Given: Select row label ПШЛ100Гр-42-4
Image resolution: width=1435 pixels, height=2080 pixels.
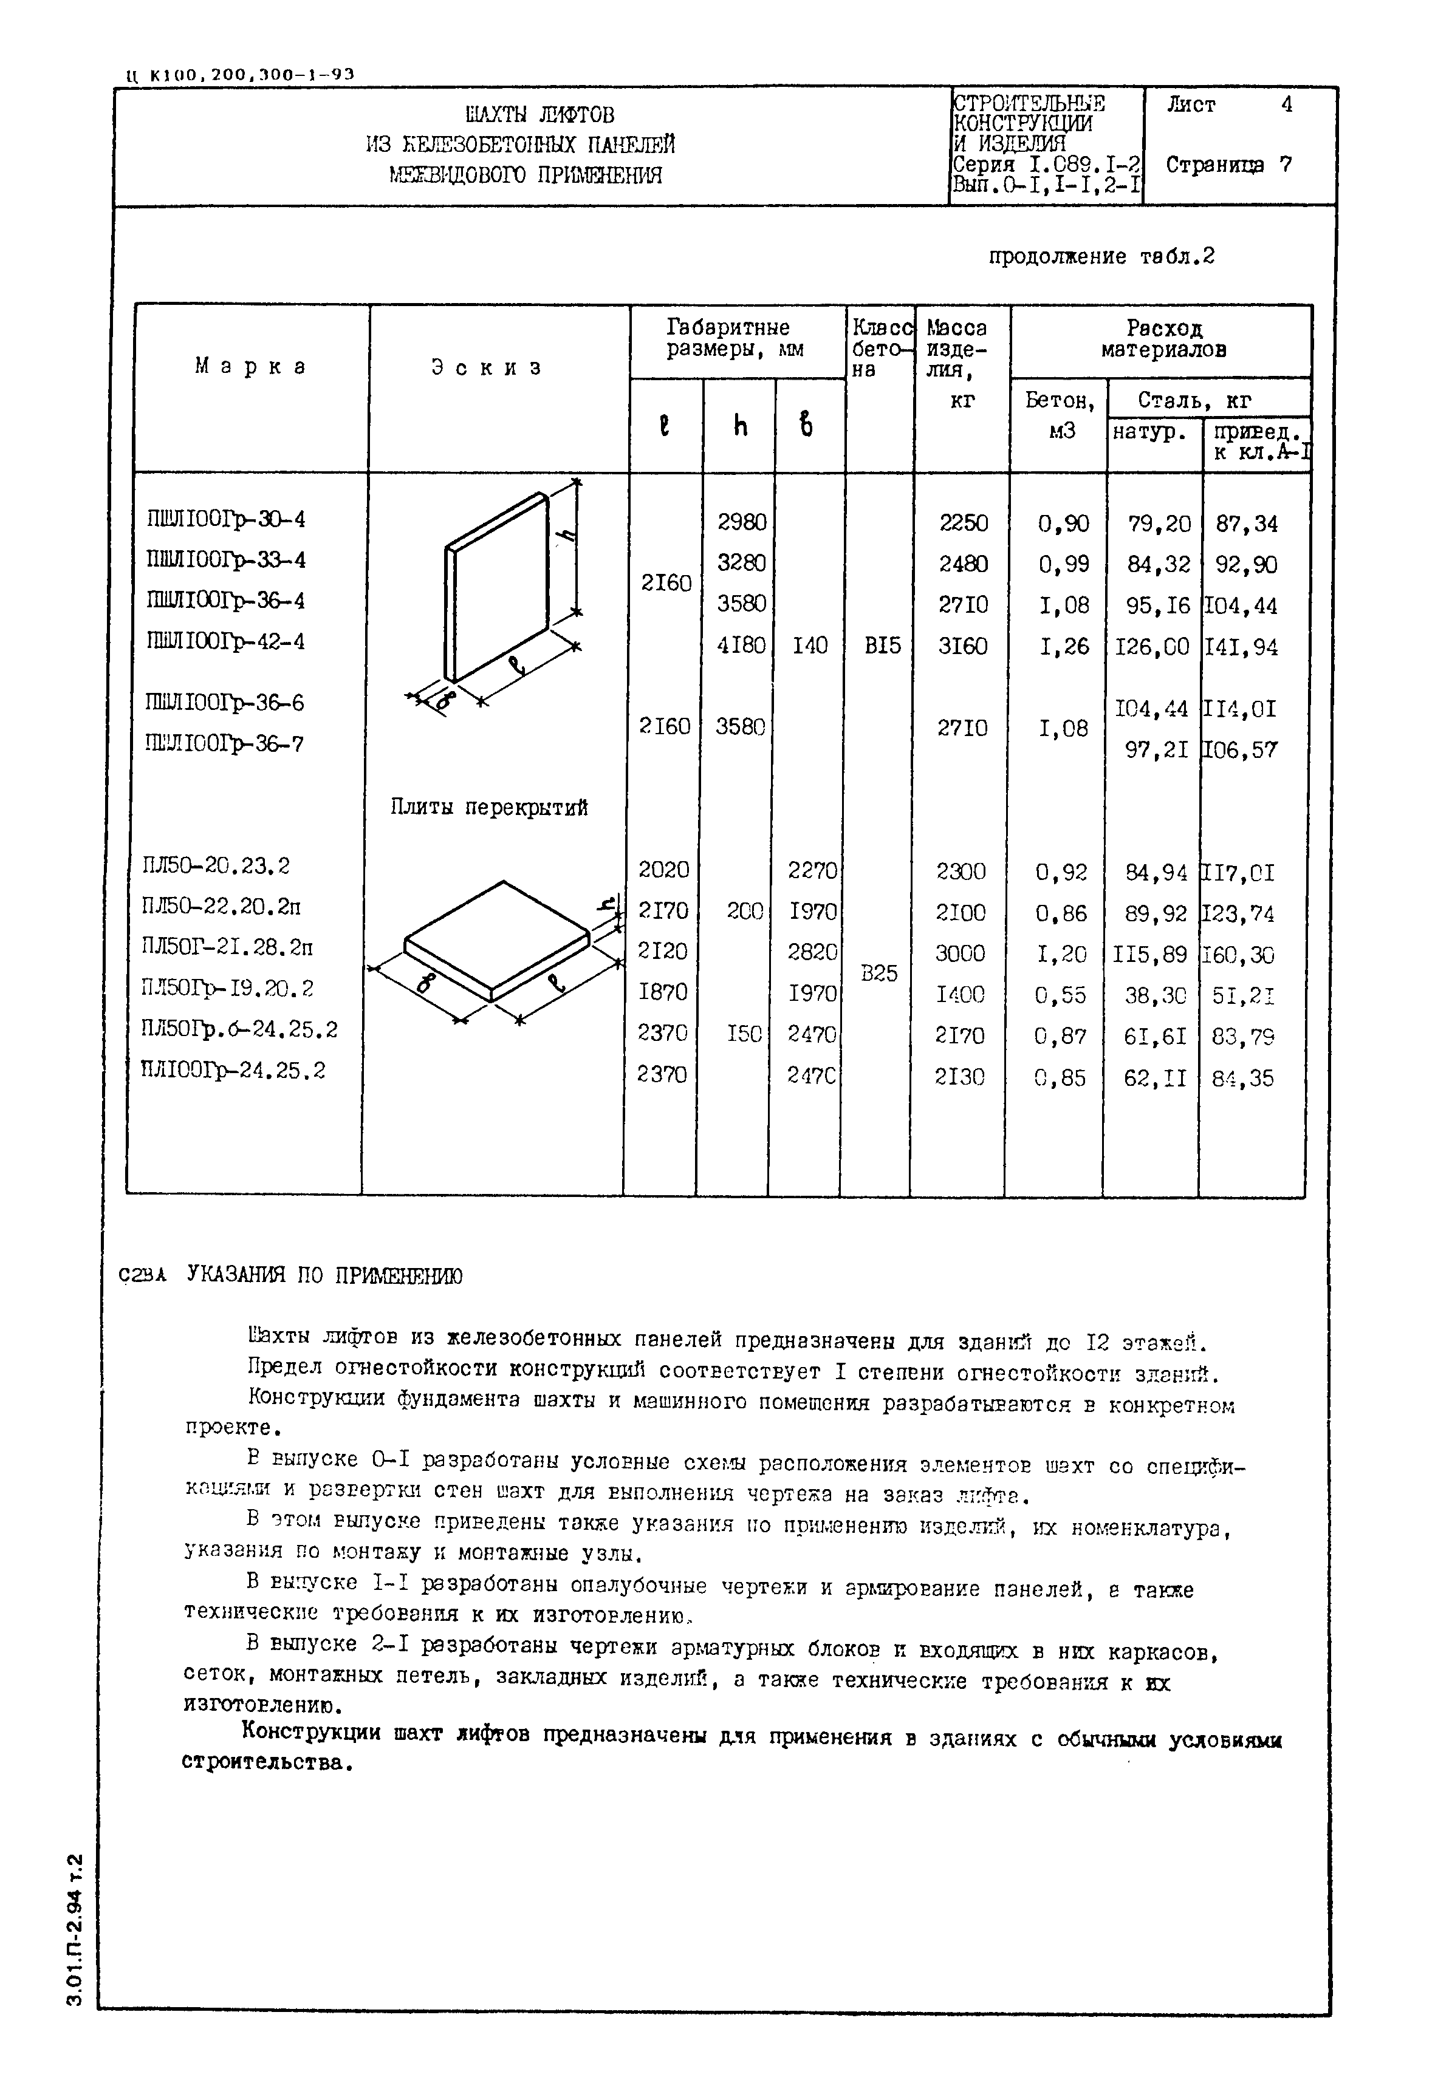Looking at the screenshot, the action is coord(225,642).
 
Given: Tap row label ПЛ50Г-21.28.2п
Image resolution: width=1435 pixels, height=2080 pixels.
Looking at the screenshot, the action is coord(227,947).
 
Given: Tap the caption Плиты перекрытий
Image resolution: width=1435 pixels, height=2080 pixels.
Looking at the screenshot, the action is coord(489,807).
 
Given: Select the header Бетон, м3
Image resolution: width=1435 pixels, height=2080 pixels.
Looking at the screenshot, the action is coord(1060,414).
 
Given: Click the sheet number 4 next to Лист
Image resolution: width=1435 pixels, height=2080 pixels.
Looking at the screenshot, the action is coord(1287,105).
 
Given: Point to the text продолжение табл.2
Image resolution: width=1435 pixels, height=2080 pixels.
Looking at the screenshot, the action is coord(1101,257).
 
